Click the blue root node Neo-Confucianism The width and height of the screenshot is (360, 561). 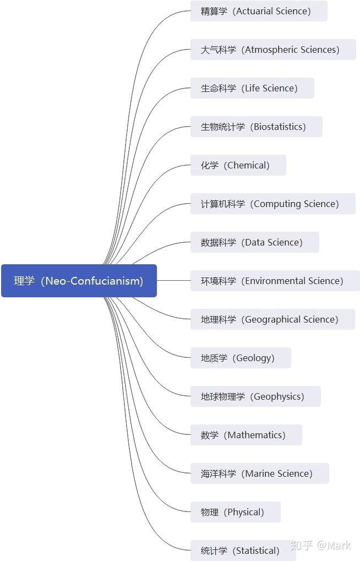click(x=79, y=281)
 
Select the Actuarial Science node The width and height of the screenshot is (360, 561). click(x=259, y=11)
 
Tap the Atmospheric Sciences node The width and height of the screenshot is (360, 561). click(x=273, y=50)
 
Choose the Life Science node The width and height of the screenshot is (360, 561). click(x=252, y=88)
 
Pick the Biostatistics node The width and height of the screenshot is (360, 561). click(x=256, y=127)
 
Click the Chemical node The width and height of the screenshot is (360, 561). click(x=238, y=165)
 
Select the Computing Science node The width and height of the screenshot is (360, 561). click(x=273, y=204)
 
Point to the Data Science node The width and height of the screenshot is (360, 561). click(x=254, y=242)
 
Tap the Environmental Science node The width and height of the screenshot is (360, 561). click(x=275, y=281)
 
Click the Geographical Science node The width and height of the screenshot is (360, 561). click(x=272, y=319)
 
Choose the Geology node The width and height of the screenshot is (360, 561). click(x=241, y=358)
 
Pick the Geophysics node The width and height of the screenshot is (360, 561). click(x=255, y=396)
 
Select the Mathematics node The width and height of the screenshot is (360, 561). click(x=246, y=435)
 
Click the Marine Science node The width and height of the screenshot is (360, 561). click(x=259, y=473)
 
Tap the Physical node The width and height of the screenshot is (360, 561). click(x=236, y=512)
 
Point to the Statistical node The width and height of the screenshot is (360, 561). click(x=243, y=551)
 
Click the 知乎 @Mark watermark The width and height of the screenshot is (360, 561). click(x=320, y=545)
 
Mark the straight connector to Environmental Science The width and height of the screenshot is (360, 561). click(x=173, y=281)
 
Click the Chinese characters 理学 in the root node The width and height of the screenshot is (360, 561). click(x=24, y=281)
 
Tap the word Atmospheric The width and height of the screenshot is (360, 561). click(x=271, y=50)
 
